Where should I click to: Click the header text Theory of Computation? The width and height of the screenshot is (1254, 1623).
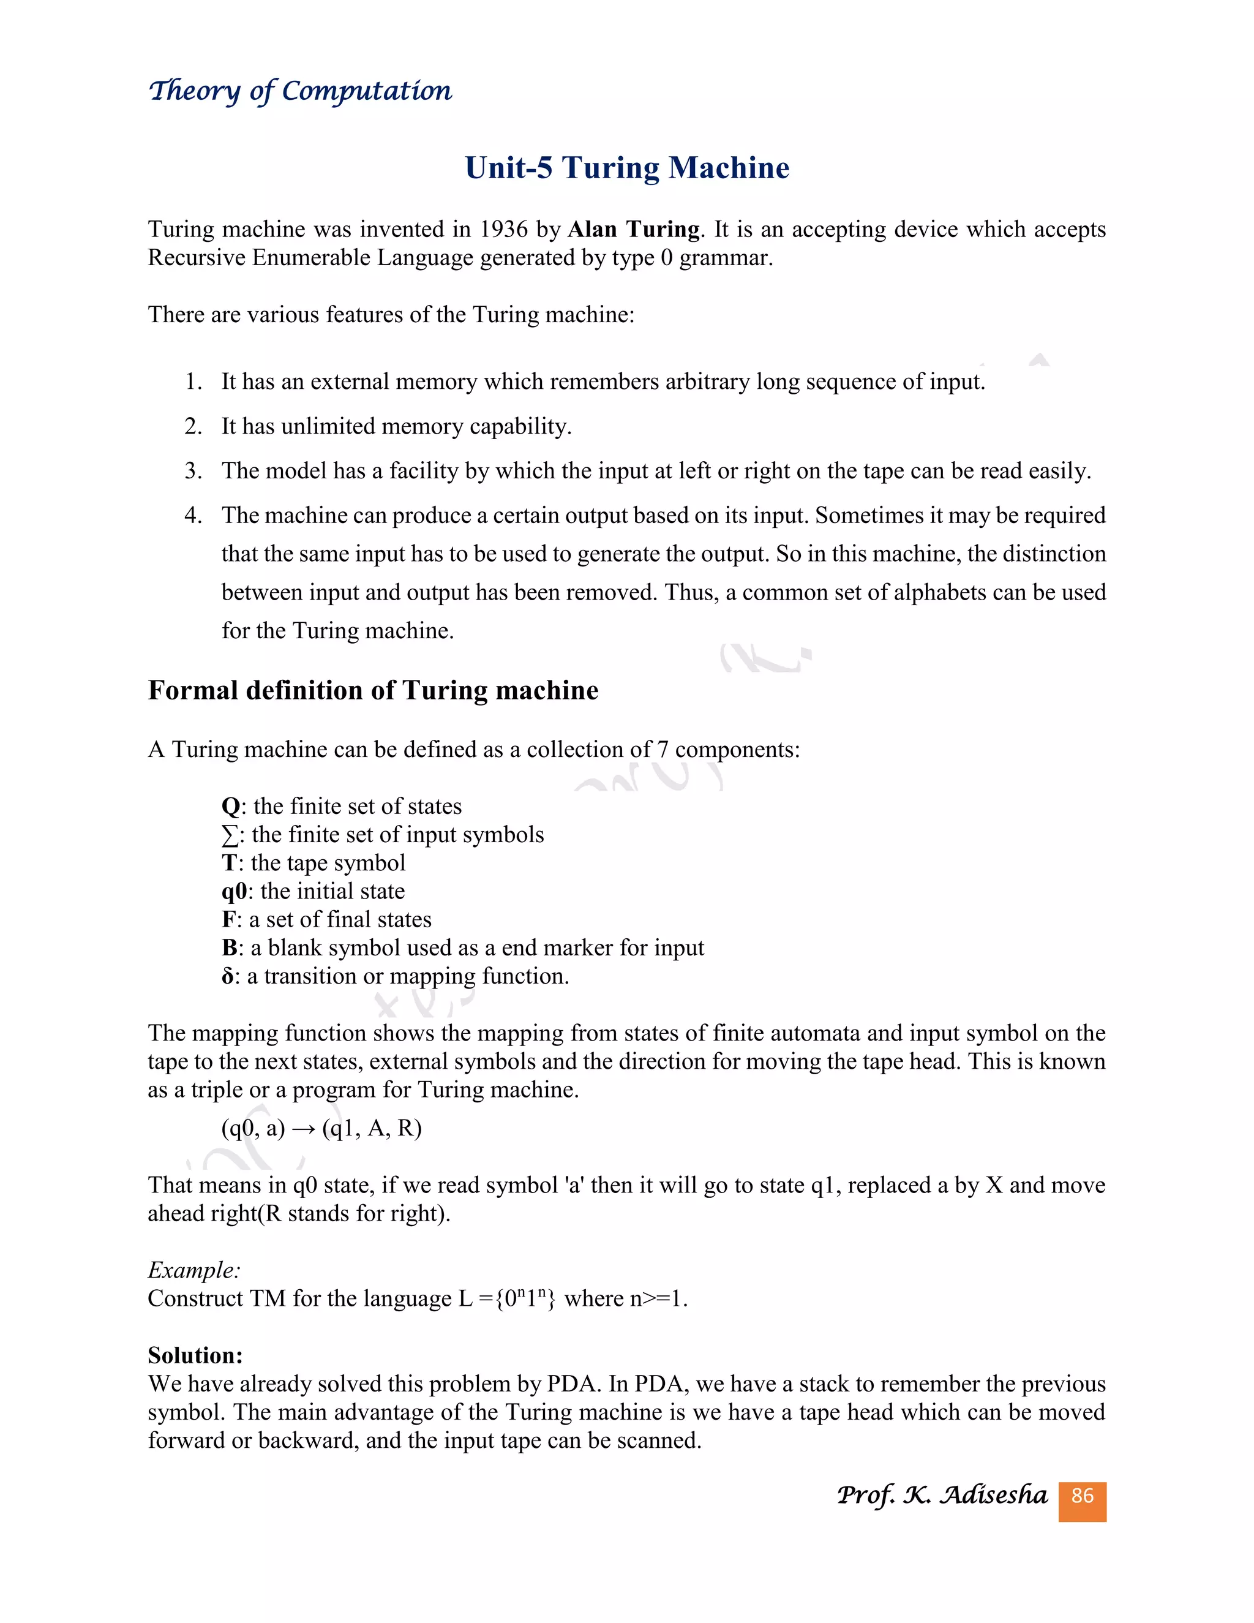(300, 91)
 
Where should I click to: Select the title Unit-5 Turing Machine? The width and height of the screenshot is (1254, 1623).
(626, 168)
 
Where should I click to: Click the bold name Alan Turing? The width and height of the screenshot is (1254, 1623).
(634, 230)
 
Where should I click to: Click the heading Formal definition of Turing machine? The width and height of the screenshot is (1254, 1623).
(373, 690)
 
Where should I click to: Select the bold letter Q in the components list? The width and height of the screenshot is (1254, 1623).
(230, 807)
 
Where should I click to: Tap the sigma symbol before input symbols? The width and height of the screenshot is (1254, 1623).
(230, 835)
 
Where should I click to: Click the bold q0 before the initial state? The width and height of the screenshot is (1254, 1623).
(234, 892)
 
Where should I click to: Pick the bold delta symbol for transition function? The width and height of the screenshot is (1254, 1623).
(227, 976)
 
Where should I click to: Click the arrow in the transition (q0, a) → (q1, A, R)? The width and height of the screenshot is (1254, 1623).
(303, 1129)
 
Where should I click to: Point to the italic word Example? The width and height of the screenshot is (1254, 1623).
(194, 1270)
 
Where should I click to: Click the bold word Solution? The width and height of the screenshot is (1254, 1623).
(195, 1355)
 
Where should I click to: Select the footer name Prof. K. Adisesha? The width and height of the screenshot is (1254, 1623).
(941, 1495)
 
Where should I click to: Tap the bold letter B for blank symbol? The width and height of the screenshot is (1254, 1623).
(229, 948)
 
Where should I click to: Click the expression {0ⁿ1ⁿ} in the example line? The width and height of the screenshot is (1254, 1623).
(525, 1299)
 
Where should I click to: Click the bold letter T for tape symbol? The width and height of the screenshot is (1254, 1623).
(229, 864)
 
